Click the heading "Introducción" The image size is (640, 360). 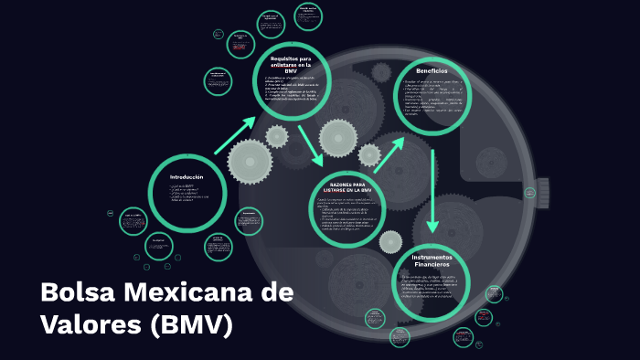[x=187, y=176]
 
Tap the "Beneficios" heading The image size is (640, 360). [x=432, y=71]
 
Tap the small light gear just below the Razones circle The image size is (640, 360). [x=390, y=241]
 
